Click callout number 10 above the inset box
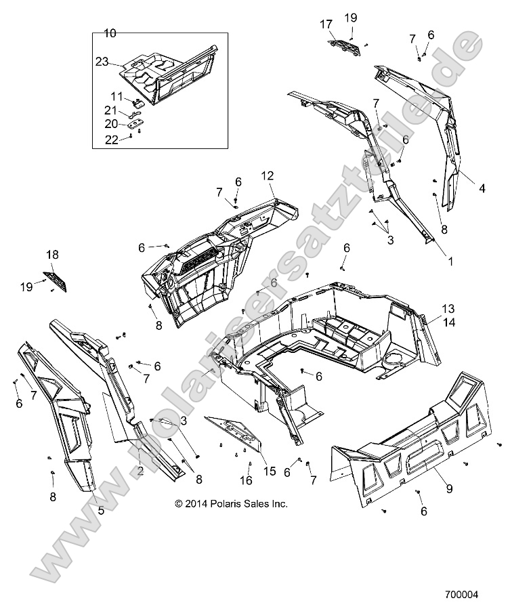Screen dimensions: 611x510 pyautogui.click(x=110, y=32)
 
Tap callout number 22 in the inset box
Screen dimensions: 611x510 pyautogui.click(x=110, y=139)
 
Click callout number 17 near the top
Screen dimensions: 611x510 pyautogui.click(x=326, y=24)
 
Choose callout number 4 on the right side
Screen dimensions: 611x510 pyautogui.click(x=482, y=189)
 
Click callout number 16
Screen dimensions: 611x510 pyautogui.click(x=246, y=480)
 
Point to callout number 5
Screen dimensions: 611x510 pyautogui.click(x=101, y=511)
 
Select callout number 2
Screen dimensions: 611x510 pyautogui.click(x=140, y=470)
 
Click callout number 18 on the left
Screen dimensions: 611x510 pyautogui.click(x=52, y=255)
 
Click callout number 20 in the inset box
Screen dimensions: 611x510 pyautogui.click(x=110, y=124)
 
